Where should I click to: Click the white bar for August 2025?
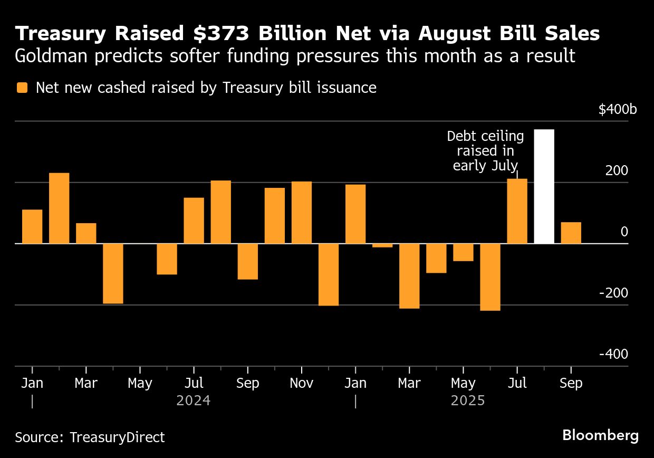544,187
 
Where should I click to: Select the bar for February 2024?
59,208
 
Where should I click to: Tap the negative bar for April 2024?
113,273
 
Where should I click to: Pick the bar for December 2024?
329,274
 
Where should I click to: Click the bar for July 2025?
517,211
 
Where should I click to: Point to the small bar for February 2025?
382,245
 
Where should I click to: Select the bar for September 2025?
571,233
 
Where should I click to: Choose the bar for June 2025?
490,277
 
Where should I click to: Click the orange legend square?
22,88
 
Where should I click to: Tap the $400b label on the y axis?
617,110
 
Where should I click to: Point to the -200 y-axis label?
613,293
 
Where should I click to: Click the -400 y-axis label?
613,354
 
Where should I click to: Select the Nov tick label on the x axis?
301,383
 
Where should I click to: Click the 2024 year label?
193,401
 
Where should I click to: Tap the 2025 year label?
467,401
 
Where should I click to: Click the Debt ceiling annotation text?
485,150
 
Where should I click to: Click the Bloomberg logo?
600,436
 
